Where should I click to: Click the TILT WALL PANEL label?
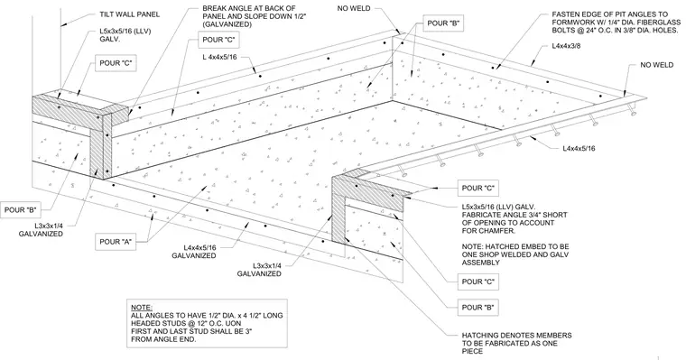pos(129,14)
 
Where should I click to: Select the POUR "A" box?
pos(116,242)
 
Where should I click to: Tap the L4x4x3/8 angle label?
pos(566,45)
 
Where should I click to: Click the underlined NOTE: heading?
pos(142,308)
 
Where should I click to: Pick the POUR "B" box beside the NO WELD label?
pos(443,23)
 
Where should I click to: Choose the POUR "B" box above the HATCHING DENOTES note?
pos(477,308)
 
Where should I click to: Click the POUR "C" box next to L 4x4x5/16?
pos(218,41)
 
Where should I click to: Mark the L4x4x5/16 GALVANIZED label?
pos(193,252)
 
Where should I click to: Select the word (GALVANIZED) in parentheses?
pos(227,24)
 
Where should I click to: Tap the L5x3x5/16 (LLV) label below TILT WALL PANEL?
pos(125,35)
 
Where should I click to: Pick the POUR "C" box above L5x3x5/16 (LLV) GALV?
pos(477,188)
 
